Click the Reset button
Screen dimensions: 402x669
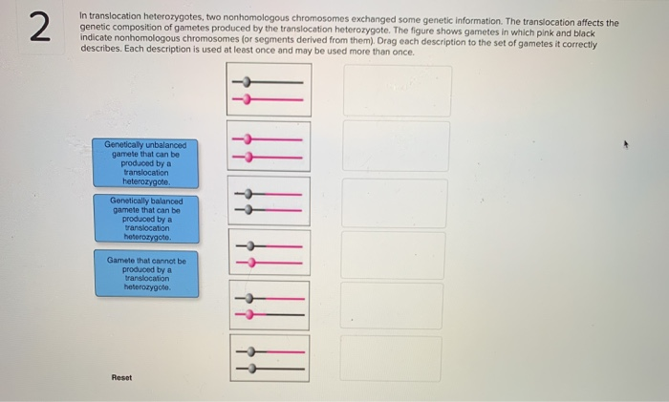[121, 377]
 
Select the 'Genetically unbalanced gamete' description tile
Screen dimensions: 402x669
[146, 163]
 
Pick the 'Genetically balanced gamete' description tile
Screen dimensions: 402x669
[146, 219]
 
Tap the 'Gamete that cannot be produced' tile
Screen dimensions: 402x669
[146, 274]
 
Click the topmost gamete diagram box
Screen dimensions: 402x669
[269, 90]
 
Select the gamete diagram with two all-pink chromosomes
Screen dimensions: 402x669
[269, 146]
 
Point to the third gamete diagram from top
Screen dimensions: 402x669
[269, 201]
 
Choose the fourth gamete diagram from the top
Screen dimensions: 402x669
[269, 254]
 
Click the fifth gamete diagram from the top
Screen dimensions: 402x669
[269, 306]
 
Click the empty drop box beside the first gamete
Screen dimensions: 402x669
[396, 91]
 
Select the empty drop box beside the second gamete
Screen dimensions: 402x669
[396, 146]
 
